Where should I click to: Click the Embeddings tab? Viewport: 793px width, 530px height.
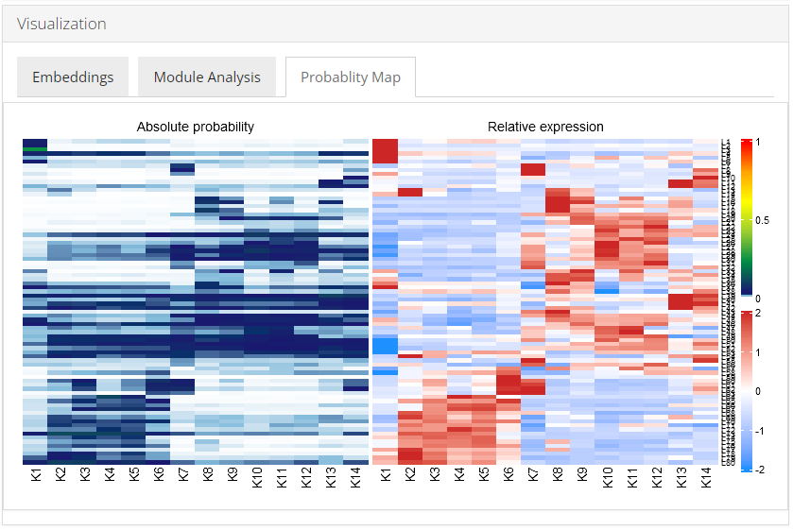point(73,77)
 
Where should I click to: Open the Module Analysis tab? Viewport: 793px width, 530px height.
point(207,77)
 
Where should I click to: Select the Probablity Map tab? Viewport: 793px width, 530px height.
point(351,77)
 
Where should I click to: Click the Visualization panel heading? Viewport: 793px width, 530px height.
point(61,24)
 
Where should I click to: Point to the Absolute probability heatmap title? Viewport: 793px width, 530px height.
point(196,127)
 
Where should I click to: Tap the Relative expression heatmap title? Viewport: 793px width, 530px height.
point(545,127)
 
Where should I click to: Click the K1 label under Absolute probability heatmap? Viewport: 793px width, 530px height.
point(35,477)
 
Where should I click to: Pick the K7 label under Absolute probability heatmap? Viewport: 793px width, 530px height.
point(182,477)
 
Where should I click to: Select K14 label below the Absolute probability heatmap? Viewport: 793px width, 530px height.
point(355,479)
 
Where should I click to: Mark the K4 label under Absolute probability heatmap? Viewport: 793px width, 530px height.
point(109,477)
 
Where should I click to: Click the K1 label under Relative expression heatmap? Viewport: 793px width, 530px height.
point(386,477)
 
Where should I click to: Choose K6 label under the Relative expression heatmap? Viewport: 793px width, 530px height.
point(509,477)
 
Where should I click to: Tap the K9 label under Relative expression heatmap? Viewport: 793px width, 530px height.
point(582,477)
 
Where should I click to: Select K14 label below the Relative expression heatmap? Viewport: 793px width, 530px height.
point(706,479)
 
